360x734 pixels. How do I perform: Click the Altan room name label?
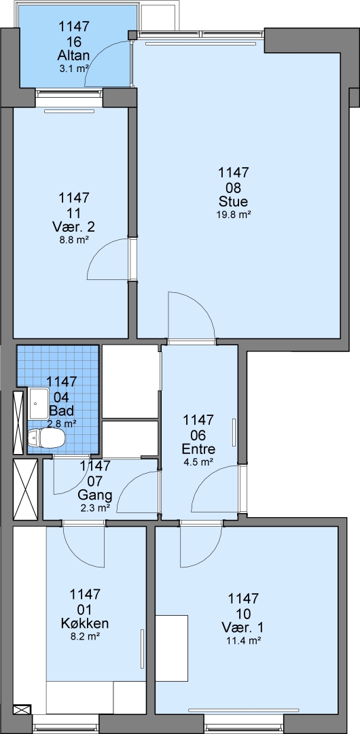(x=73, y=56)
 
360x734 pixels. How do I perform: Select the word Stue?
(x=233, y=202)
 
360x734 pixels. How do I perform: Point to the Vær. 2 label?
(x=73, y=227)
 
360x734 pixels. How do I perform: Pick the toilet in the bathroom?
(x=46, y=438)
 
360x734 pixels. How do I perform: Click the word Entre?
(x=198, y=449)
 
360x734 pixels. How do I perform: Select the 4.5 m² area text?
(x=198, y=462)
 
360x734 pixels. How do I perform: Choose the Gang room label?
(x=95, y=495)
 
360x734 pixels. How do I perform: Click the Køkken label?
(x=85, y=623)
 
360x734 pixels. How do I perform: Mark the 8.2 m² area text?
(x=85, y=636)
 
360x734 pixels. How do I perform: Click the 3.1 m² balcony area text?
(x=74, y=68)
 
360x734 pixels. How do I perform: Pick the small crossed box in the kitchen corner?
(x=22, y=710)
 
